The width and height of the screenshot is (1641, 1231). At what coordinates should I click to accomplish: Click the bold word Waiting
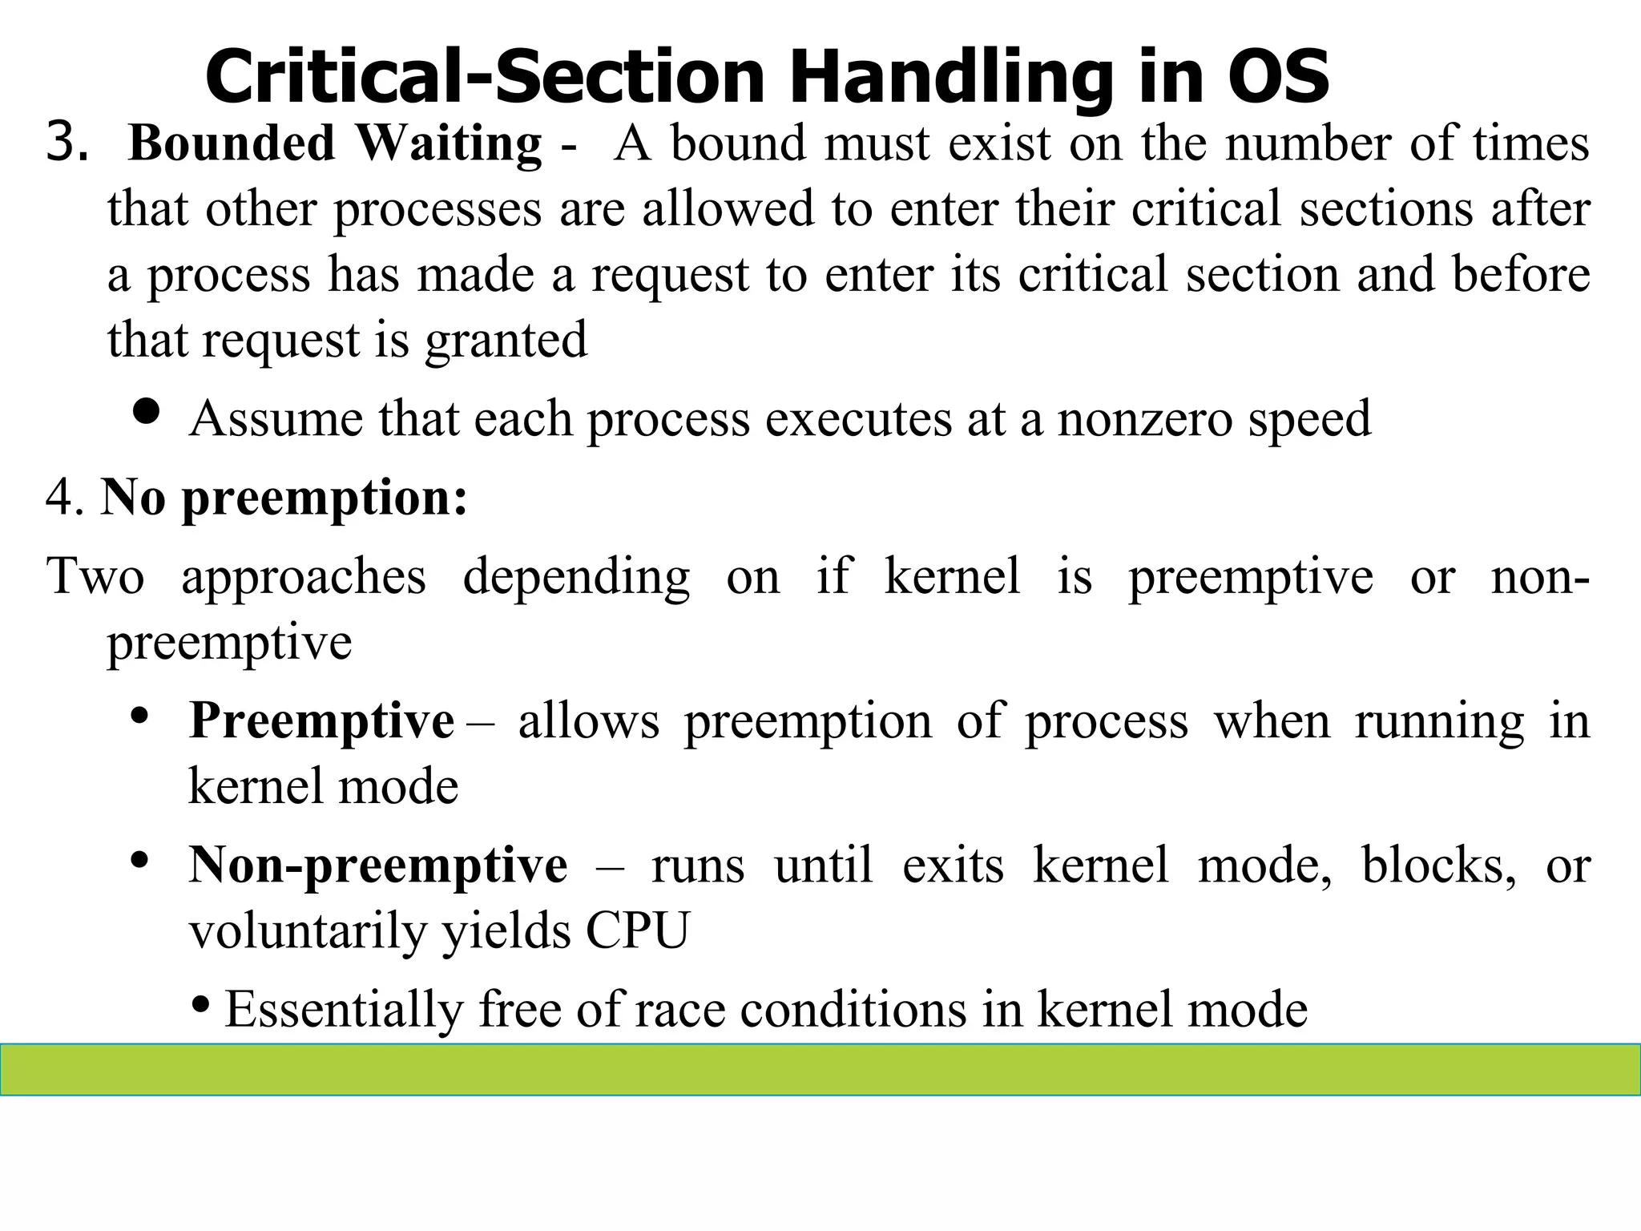click(449, 144)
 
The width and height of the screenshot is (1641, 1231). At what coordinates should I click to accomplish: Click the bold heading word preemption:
click(325, 499)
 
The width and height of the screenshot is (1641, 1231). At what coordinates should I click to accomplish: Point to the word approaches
click(304, 576)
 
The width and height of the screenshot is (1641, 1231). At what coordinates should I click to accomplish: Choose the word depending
click(576, 578)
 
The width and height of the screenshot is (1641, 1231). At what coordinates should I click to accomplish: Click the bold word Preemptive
click(321, 721)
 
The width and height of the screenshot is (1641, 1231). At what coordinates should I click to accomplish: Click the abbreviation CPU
click(637, 931)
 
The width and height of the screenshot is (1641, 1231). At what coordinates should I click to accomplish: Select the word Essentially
click(344, 1010)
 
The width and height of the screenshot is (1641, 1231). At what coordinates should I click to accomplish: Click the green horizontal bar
click(820, 1069)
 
